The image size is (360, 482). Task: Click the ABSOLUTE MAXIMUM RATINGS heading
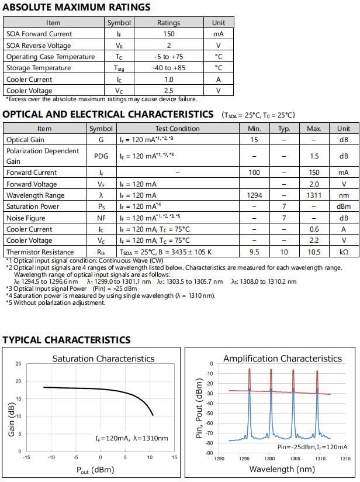point(77,8)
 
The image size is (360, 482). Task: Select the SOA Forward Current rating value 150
point(169,34)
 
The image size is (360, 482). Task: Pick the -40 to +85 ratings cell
point(169,68)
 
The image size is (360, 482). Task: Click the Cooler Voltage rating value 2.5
point(169,91)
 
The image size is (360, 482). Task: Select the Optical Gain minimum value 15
point(254,140)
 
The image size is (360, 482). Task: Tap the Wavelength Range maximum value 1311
point(314,195)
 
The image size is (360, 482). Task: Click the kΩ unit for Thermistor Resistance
point(344,252)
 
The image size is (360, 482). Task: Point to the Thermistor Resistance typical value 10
point(284,252)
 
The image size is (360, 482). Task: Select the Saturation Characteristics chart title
point(103,359)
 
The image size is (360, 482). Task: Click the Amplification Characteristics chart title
point(282,359)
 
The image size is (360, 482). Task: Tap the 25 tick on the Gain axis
point(18,364)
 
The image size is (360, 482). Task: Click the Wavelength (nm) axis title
point(282,469)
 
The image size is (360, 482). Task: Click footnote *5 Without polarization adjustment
point(56,302)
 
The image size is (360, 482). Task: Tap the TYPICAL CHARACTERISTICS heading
point(66,340)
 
